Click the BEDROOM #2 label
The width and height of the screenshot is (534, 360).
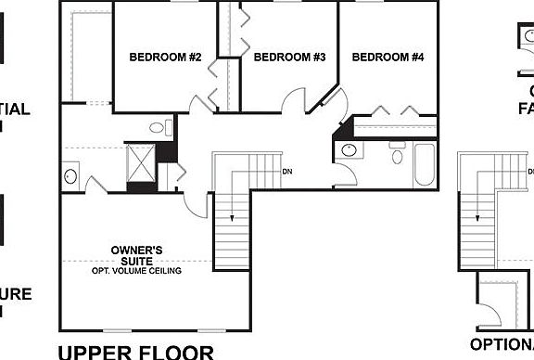[166, 58]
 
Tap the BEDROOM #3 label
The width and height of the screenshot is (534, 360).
[290, 58]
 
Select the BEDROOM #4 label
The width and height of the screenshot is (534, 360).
[388, 58]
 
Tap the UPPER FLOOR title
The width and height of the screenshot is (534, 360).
[136, 352]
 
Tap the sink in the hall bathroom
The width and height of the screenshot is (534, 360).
[350, 150]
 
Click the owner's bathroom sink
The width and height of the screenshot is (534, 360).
[70, 174]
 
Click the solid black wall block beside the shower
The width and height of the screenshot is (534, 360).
[165, 151]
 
